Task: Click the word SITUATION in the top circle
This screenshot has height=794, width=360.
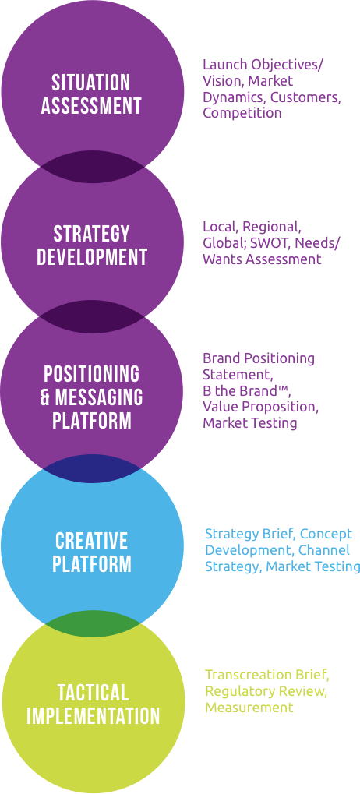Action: coord(91,83)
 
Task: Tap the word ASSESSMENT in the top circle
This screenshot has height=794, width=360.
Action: coord(91,106)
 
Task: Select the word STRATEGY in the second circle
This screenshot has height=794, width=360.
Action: coord(91,234)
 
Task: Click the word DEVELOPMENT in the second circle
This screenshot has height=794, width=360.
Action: coord(92,257)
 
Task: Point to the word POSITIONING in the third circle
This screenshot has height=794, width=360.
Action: coord(91,374)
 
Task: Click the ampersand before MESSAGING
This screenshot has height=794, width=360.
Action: coord(45,397)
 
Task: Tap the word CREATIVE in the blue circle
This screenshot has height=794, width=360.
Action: coord(92,541)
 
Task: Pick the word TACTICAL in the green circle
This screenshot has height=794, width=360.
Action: coord(93,692)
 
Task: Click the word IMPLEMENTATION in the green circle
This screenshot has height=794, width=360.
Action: coord(94,716)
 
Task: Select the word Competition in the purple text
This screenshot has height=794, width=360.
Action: coord(242,113)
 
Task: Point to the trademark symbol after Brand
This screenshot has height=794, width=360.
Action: coord(279,388)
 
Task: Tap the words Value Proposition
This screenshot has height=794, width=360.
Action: coord(259,407)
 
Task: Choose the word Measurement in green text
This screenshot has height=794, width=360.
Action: coord(249,708)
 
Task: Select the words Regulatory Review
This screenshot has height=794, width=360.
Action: coord(264,692)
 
